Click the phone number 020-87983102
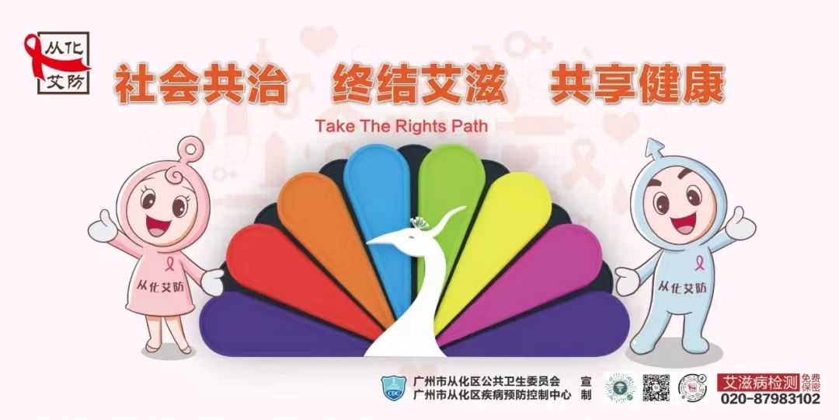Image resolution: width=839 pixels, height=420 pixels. tap(771, 398)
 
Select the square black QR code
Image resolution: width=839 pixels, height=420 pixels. tap(656, 387)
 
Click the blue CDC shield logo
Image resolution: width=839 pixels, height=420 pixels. tap(393, 388)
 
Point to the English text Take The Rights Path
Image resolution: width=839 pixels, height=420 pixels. tap(402, 126)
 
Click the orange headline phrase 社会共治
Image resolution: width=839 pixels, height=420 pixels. tap(200, 84)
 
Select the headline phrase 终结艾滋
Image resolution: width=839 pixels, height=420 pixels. tap(419, 84)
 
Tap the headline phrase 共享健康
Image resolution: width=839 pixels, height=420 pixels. tap(637, 84)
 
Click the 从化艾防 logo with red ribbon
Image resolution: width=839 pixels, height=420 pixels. tap(57, 63)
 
